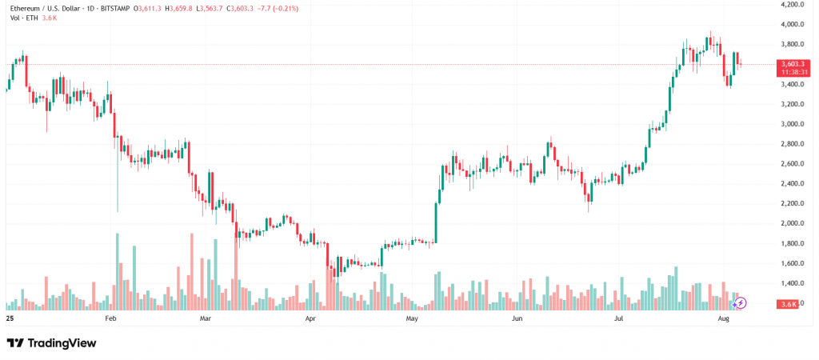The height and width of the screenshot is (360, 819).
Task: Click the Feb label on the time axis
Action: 110,318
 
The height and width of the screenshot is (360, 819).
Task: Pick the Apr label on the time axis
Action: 311,318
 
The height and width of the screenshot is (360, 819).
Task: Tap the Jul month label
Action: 618,318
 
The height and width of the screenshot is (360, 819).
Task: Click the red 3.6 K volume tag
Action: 789,304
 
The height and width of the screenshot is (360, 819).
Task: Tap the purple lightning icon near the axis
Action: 740,303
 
